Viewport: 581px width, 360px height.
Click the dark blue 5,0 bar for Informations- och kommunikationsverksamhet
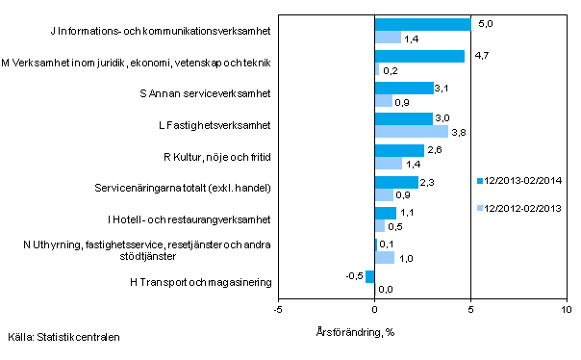tap(422, 24)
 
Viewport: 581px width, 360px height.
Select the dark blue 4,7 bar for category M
tap(418, 56)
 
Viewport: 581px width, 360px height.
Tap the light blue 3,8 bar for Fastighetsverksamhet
tap(411, 131)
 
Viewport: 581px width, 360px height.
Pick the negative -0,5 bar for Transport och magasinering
tap(369, 276)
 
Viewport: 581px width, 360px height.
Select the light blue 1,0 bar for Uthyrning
tap(384, 257)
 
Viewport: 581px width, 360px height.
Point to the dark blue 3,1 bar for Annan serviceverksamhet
tap(404, 88)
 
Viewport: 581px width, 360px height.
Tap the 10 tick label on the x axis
tap(566, 310)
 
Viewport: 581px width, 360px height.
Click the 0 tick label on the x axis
tap(374, 310)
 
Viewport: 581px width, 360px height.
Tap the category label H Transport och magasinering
tap(202, 282)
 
